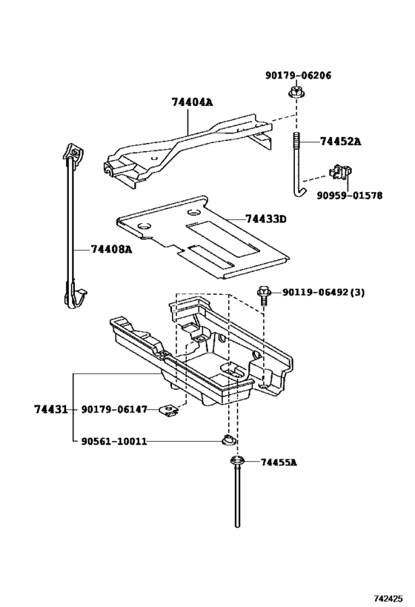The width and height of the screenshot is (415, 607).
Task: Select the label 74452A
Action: click(340, 141)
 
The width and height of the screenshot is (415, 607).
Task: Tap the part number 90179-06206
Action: click(298, 75)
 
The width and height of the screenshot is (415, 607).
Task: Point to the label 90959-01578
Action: click(349, 196)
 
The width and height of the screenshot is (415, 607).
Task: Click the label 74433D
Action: click(266, 219)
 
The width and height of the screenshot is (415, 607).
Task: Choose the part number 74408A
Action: click(111, 249)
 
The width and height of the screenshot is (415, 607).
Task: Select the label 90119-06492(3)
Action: click(323, 292)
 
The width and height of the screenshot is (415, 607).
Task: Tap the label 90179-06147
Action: click(115, 409)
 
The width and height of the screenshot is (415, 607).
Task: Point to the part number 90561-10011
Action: click(114, 442)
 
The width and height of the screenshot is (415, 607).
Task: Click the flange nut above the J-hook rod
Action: click(295, 94)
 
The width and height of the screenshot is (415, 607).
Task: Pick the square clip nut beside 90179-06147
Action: click(173, 409)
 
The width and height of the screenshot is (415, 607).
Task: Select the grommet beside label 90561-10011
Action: click(230, 442)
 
